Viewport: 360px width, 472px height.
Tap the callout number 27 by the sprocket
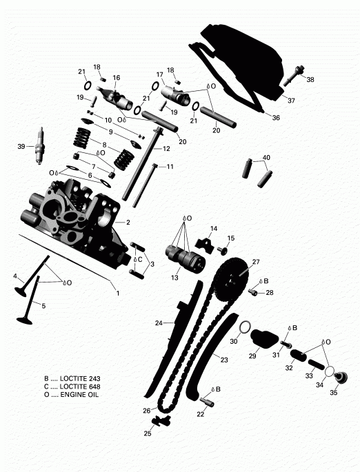(x=255, y=262)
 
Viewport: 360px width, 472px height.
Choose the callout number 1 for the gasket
(x=117, y=294)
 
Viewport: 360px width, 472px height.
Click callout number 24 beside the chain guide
(x=158, y=322)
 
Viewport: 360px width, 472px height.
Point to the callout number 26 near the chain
(x=146, y=411)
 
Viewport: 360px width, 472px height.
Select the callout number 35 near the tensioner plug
(x=334, y=393)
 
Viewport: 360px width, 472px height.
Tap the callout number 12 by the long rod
(x=167, y=148)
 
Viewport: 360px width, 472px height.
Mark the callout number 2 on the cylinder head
(x=128, y=223)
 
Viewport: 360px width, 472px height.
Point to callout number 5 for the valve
(x=43, y=305)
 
